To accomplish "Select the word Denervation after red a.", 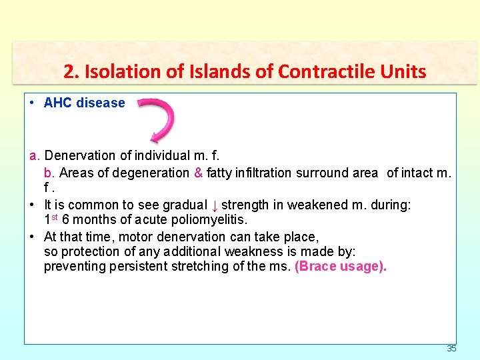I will pos(80,156).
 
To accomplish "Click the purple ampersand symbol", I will pos(198,173).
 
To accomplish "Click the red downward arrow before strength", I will pos(215,205).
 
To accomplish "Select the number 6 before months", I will pos(65,220).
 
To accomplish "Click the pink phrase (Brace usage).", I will pos(340,267).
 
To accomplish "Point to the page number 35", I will pos(451,349).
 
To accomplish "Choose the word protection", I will pos(87,252).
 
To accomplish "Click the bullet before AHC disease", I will pos(33,103).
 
